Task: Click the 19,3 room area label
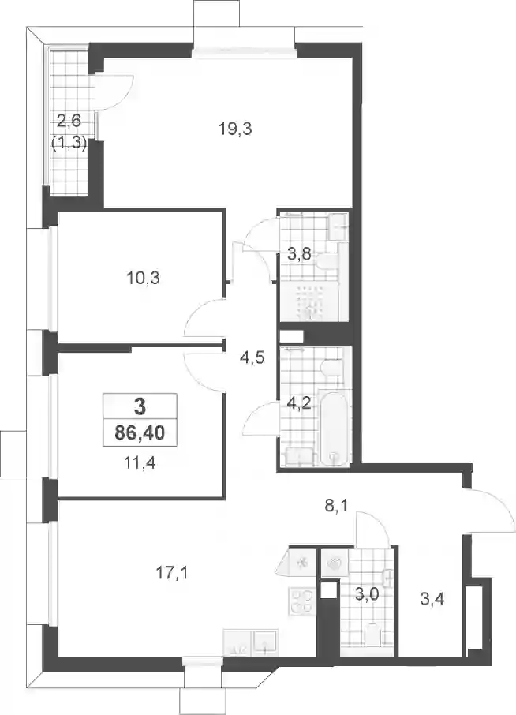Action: point(235,130)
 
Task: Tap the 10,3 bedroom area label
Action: point(143,278)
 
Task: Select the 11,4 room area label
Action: point(140,463)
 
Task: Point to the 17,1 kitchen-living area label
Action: point(172,573)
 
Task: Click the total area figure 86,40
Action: point(140,432)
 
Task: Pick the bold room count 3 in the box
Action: point(140,406)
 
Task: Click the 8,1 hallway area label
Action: point(336,506)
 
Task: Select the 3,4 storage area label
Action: point(432,599)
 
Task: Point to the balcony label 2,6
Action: point(69,122)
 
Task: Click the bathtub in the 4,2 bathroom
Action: point(335,428)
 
